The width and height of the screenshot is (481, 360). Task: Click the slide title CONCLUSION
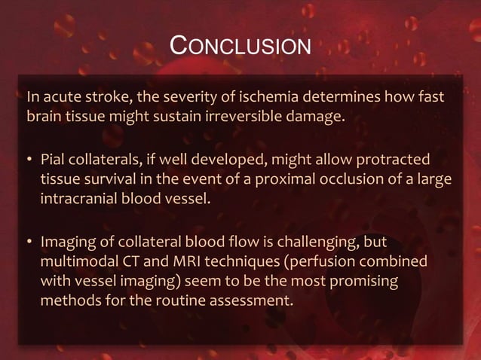[x=240, y=46]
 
